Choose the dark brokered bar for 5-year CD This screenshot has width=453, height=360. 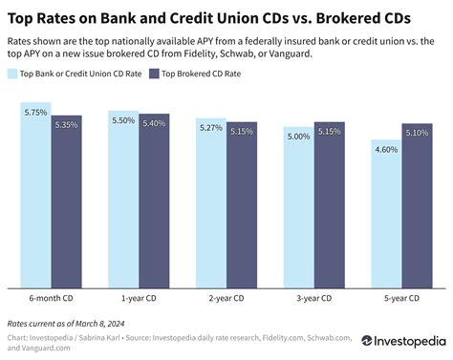click(x=418, y=205)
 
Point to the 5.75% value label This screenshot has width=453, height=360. click(x=35, y=113)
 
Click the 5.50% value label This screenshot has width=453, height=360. click(x=122, y=119)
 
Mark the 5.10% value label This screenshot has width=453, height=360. click(x=418, y=133)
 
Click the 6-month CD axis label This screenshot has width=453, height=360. click(x=51, y=298)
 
